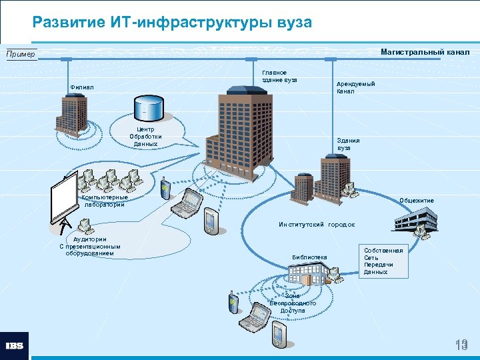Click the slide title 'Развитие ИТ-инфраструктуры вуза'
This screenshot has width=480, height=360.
coord(172,22)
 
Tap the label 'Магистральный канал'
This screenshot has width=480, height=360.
coord(425,52)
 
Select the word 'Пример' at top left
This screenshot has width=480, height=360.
coord(21,54)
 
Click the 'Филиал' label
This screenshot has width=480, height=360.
coord(82,87)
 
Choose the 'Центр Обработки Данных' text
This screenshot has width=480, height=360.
coord(145,137)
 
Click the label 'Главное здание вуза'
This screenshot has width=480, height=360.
coord(279,76)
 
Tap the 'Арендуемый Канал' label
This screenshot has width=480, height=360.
coord(355,87)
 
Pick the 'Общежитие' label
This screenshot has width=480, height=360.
coord(416,201)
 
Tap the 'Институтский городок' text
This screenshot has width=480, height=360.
coord(317,225)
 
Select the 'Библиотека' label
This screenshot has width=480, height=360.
coord(309,257)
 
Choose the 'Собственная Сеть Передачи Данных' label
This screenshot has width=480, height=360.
coord(383,261)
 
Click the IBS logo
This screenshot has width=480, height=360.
coord(14,346)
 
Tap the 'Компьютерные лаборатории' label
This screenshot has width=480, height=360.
coord(105,201)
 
